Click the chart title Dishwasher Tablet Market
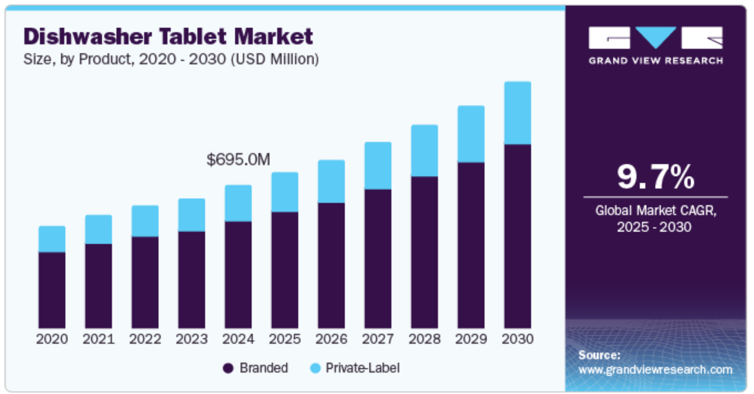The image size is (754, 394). coord(169,35)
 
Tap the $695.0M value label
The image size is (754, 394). coord(238,159)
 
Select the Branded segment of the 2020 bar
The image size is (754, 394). coord(52,290)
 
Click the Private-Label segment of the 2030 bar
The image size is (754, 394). coord(517,112)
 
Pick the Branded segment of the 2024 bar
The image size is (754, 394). coord(238,274)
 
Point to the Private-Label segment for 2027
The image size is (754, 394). coord(378,166)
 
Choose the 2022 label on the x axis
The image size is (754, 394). coord(145,339)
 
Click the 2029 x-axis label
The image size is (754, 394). coord(471,339)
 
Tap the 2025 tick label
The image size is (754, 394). coord(285,339)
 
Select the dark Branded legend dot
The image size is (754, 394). coord(228,368)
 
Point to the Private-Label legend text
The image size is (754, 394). coord(362,368)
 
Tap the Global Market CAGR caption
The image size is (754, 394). coord(655,219)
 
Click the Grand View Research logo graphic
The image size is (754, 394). coord(655,38)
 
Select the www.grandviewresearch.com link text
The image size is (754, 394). coord(655,369)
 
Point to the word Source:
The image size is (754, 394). coord(599,355)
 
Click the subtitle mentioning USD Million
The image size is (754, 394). coord(171,59)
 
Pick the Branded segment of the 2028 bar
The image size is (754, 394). coord(424,252)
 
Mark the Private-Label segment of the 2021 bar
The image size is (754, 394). coord(98,229)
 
